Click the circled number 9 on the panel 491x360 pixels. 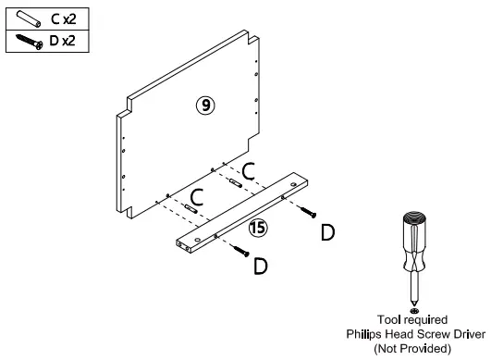click(205, 106)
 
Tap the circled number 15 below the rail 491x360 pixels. click(258, 228)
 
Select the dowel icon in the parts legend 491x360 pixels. click(29, 19)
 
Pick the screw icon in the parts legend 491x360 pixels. click(29, 42)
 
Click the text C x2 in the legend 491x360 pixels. click(64, 19)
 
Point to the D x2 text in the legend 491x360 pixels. click(62, 41)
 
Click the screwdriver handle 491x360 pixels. click(414, 242)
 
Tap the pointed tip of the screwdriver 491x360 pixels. click(414, 306)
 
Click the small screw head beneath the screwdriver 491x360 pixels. click(414, 311)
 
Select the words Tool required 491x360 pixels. click(412, 319)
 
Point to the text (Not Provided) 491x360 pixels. click(412, 348)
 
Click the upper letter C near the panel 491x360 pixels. click(249, 171)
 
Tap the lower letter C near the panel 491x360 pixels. click(197, 197)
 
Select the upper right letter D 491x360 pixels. click(328, 232)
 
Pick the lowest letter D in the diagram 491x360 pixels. click(261, 266)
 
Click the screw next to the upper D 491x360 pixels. click(308, 212)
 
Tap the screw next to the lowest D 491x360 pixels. click(240, 251)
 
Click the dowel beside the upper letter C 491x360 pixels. click(236, 182)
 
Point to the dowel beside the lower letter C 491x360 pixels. click(191, 208)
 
